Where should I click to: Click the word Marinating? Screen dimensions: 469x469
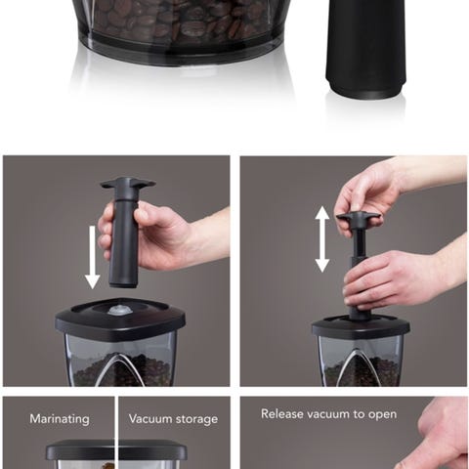(60, 419)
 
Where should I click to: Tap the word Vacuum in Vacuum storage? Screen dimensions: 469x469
(149, 418)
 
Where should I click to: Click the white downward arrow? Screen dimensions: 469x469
(93, 257)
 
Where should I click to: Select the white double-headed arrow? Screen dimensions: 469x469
(322, 239)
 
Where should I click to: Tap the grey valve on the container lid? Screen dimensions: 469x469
(120, 310)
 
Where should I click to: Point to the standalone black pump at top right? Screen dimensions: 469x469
(365, 49)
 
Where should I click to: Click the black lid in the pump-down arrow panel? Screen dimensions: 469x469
(120, 319)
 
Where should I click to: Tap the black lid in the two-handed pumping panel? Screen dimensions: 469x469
(361, 327)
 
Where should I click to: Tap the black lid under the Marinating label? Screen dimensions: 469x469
(116, 449)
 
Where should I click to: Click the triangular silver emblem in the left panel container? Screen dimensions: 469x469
(120, 369)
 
